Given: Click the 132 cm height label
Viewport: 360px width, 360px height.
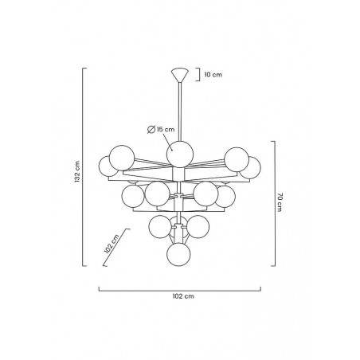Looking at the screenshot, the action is coord(77,171).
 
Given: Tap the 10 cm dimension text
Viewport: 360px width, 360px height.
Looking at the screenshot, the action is coord(213,75).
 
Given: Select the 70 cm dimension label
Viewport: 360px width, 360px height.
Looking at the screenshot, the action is coord(280,202).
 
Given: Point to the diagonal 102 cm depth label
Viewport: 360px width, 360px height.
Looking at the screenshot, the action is coord(112,244).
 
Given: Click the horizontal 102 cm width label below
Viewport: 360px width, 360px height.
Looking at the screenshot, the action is coord(183,296).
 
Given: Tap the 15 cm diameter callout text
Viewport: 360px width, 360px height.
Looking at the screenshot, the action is coord(166,129).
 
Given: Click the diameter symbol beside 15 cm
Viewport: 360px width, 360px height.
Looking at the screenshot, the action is coord(151,130).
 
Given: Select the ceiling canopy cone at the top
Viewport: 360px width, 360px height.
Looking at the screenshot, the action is coord(180,76).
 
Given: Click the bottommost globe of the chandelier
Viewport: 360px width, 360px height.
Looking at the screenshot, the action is coord(178,254).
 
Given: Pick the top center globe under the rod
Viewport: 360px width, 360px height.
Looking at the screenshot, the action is coord(180,155).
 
